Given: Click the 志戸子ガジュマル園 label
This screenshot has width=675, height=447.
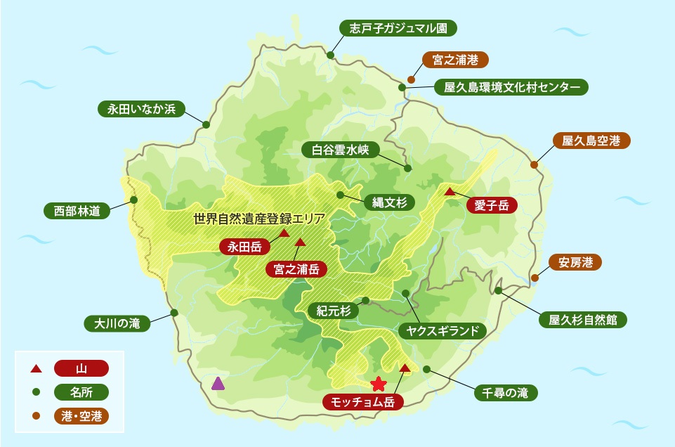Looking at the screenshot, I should [398, 28].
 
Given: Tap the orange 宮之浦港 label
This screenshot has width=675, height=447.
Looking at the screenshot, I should [455, 60].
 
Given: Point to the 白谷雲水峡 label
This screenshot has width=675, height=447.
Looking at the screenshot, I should [340, 149].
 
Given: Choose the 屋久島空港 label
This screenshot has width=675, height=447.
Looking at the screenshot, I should [591, 141].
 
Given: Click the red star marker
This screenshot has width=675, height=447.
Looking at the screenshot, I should [378, 383].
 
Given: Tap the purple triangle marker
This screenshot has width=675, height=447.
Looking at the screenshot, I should [218, 383].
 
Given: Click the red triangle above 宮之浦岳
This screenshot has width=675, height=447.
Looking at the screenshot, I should [300, 242].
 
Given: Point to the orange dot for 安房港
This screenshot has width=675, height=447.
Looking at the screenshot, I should [535, 278].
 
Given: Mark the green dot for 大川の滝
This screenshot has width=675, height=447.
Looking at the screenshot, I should [174, 313].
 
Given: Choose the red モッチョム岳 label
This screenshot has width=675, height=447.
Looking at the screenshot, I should [362, 403].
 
